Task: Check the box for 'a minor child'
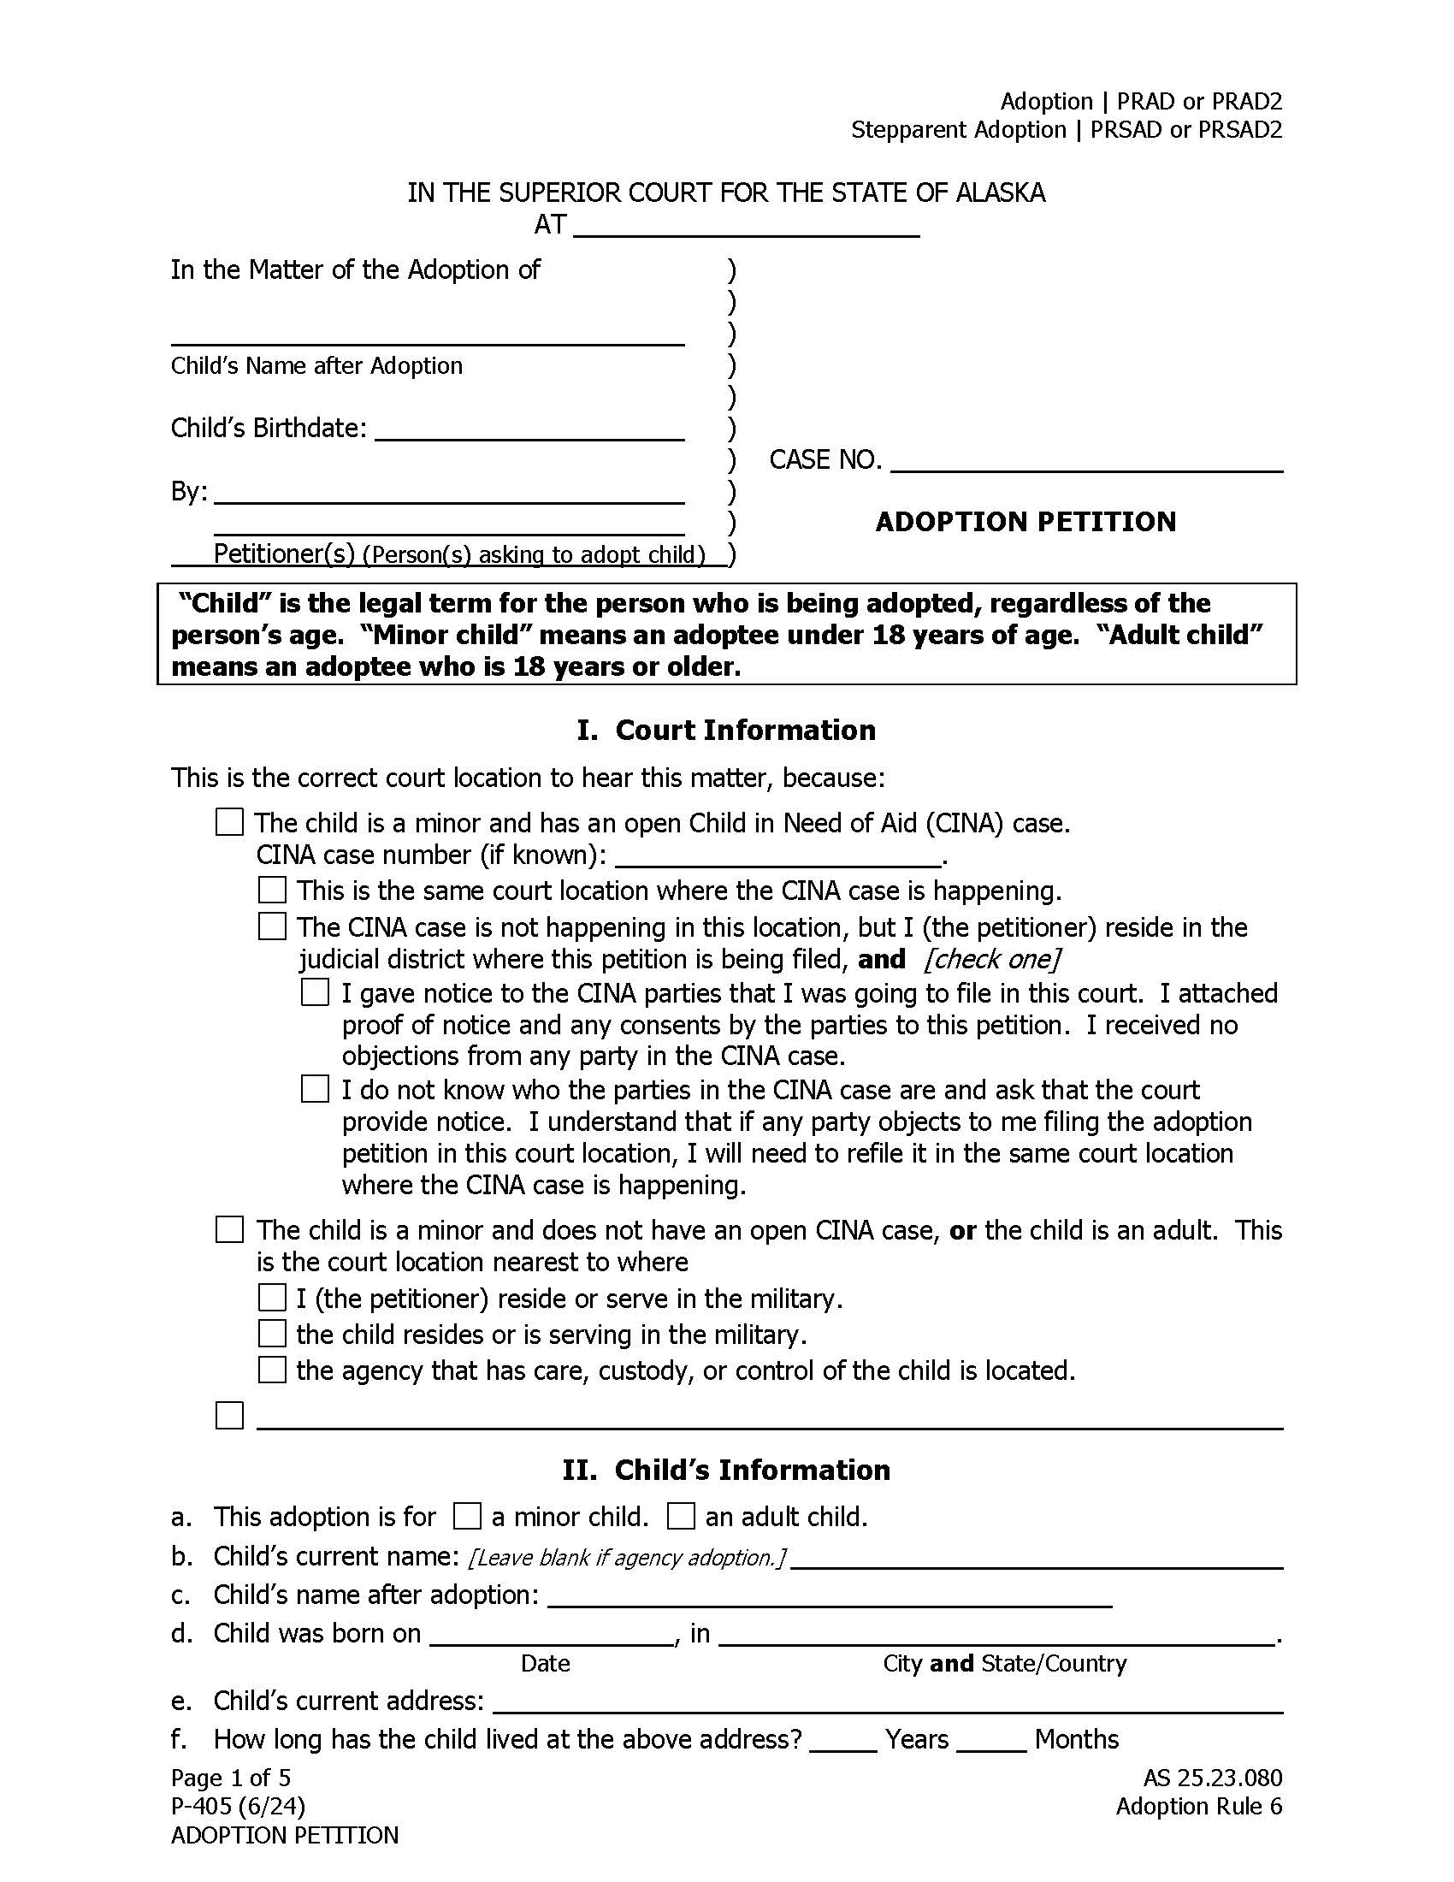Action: (467, 1516)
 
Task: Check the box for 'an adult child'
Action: (681, 1516)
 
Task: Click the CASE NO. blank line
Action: (1086, 463)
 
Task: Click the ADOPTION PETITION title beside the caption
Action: (1025, 522)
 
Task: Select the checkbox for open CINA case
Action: (229, 822)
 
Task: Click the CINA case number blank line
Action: (779, 856)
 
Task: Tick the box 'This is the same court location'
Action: (272, 891)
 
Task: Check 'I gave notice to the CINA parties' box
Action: (316, 992)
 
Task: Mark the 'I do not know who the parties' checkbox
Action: (316, 1089)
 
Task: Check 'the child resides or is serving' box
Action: (272, 1334)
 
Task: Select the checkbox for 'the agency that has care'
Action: (272, 1370)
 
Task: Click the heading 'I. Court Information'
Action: (726, 730)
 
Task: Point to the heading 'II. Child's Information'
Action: (726, 1469)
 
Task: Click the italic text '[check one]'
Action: (990, 959)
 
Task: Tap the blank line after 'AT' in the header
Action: (746, 228)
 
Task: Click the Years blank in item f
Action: (842, 1743)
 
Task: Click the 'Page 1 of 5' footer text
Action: (231, 1777)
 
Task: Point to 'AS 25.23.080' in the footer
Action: (1212, 1777)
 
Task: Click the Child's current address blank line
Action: (887, 1702)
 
